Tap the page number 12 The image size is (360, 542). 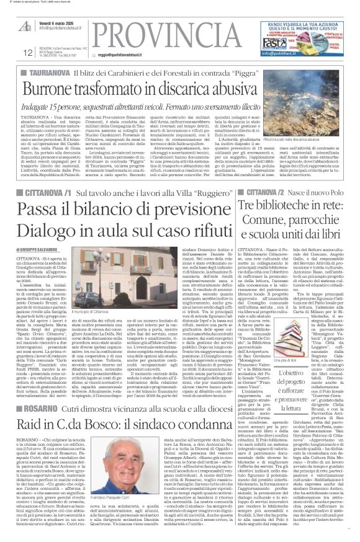click(x=11, y=53)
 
